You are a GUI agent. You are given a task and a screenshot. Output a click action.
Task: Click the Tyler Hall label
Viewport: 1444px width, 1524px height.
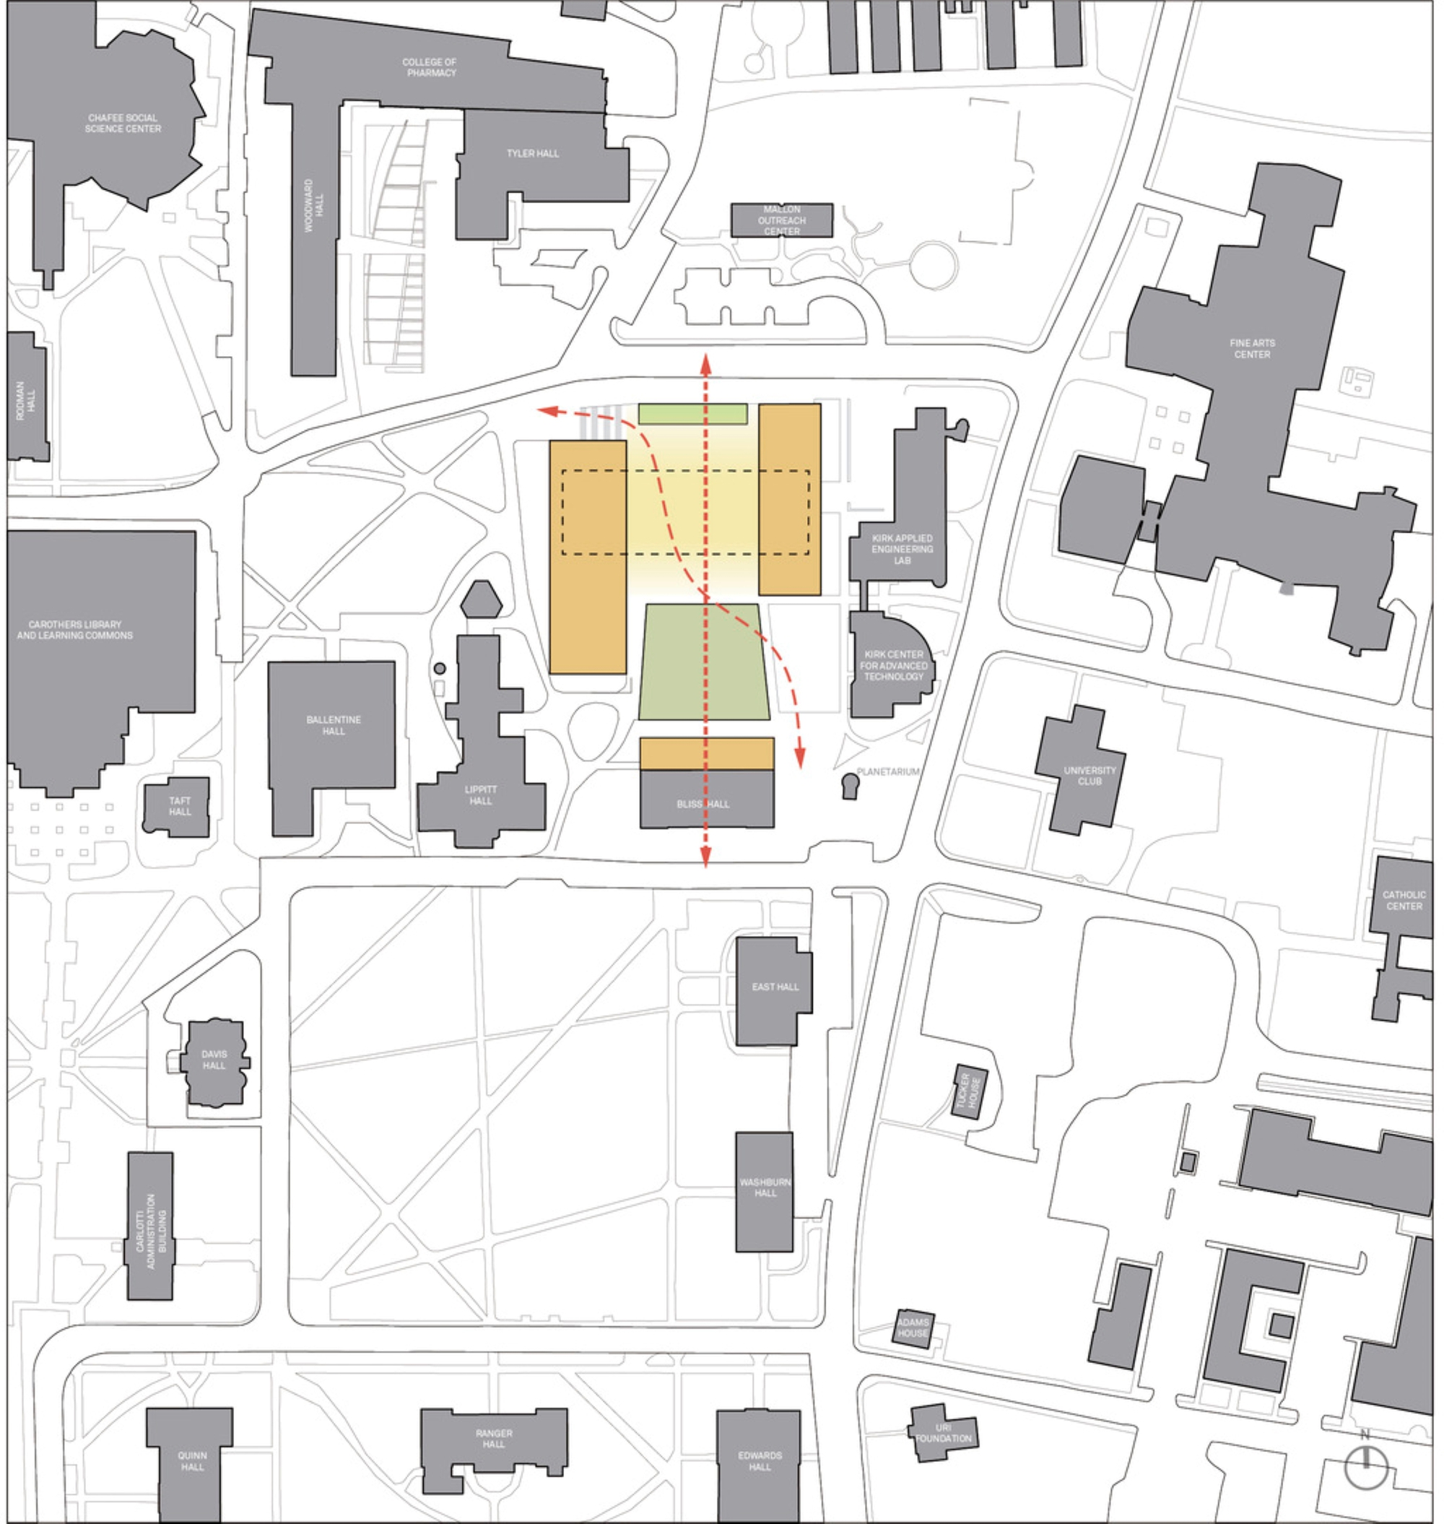pos(533,153)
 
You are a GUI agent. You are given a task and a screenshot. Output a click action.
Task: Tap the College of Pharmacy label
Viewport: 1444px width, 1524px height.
pos(430,68)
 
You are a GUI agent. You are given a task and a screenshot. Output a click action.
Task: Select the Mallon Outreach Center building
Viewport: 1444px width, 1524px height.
pos(781,220)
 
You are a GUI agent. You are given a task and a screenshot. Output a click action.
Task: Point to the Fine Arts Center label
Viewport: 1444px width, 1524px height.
pos(1253,349)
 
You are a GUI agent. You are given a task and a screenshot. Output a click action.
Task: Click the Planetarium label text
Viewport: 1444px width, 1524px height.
pos(887,771)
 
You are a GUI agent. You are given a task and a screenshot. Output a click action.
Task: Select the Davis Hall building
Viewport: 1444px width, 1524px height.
pos(214,1062)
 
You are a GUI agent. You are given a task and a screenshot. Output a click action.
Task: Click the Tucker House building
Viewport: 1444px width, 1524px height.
pos(970,1091)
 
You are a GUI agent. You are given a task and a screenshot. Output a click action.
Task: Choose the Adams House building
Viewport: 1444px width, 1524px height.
pos(913,1328)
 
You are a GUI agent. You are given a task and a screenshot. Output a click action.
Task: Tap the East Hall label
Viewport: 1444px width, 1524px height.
pos(775,987)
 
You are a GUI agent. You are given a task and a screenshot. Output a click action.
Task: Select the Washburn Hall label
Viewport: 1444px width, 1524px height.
pos(765,1187)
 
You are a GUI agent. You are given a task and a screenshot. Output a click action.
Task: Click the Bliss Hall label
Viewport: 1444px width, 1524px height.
pos(703,804)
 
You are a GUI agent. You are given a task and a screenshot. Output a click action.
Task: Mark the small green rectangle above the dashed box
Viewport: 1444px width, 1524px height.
pos(692,414)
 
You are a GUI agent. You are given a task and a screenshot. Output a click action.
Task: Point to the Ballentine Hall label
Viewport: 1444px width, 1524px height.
pos(334,725)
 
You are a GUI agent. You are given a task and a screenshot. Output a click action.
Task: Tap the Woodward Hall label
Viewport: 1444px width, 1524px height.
pos(313,205)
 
